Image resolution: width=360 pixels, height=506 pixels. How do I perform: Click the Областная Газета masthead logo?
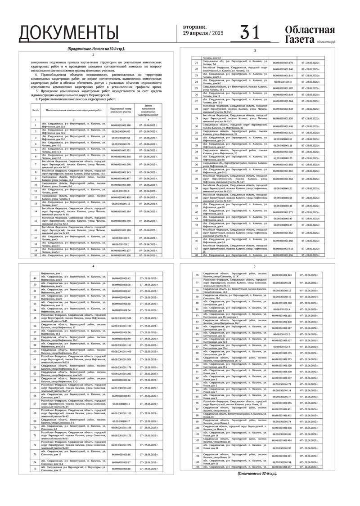(x=310, y=35)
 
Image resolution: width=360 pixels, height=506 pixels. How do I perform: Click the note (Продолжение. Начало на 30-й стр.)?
(x=96, y=49)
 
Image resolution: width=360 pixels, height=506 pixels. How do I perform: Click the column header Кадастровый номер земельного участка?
(x=120, y=110)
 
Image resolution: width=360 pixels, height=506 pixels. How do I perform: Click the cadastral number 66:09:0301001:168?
(x=120, y=125)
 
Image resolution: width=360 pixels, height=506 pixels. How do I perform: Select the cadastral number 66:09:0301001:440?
(x=283, y=126)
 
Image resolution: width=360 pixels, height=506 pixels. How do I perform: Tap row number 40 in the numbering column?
(x=196, y=197)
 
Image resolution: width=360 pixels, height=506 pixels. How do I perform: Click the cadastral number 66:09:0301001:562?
(x=283, y=233)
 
